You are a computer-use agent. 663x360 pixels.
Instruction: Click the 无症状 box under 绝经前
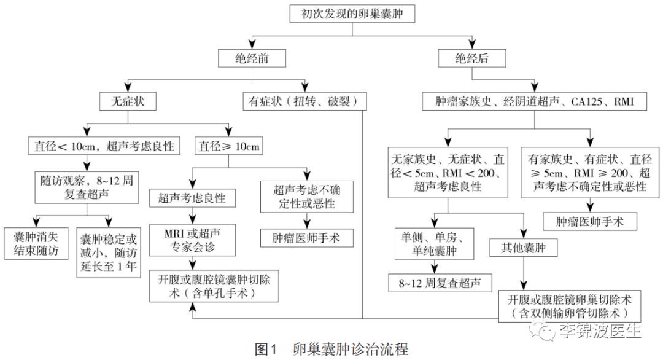(126, 100)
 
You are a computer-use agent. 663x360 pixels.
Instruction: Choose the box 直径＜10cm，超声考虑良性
(101, 147)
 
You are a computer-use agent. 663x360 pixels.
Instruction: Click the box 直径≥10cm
(229, 147)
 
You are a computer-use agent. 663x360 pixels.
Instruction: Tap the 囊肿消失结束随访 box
(37, 243)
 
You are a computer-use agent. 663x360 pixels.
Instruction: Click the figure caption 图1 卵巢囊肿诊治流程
(331, 350)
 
